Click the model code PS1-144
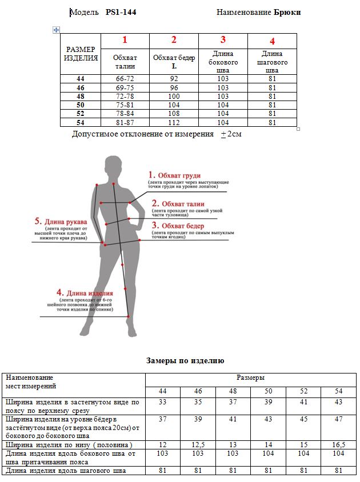click(x=121, y=12)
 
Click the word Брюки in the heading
click(x=287, y=12)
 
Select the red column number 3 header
click(x=223, y=40)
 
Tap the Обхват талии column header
click(x=125, y=62)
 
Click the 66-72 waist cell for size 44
click(x=125, y=78)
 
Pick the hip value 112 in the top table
click(x=174, y=122)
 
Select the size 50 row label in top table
click(x=81, y=105)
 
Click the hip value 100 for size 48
click(x=174, y=97)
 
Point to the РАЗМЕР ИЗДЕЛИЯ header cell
click(x=81, y=54)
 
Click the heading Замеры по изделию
click(x=185, y=361)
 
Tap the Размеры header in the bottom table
click(x=250, y=378)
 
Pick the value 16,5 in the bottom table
click(x=338, y=445)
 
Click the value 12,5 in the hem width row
click(x=198, y=445)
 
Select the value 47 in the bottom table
click(x=338, y=419)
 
